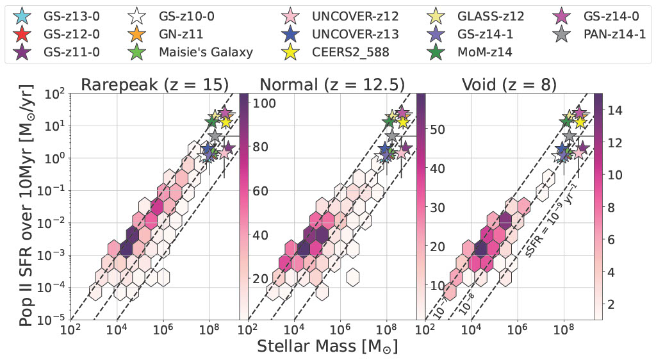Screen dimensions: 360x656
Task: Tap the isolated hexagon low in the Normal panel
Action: click(352, 277)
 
